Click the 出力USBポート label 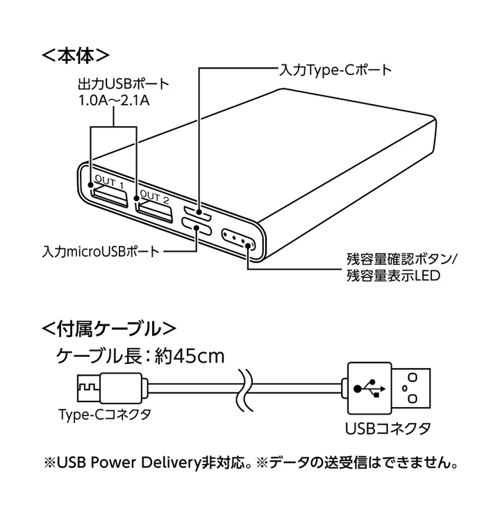point(123,85)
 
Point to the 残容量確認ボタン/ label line point(403,261)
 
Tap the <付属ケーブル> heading point(108,327)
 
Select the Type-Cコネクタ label point(104,415)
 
